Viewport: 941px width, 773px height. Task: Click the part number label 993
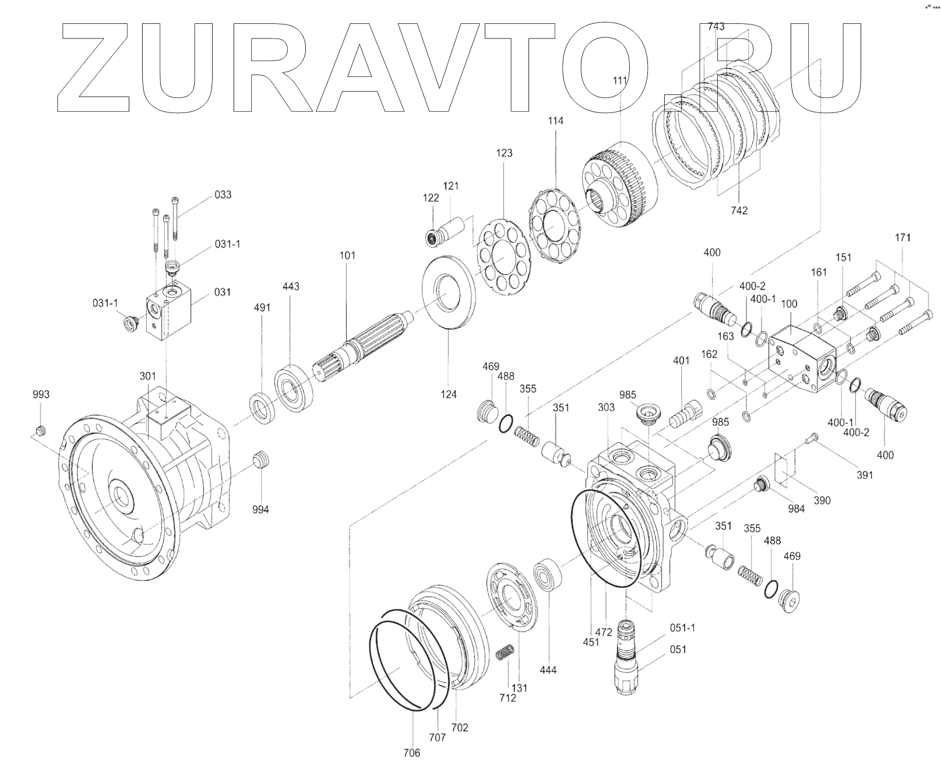tap(41, 394)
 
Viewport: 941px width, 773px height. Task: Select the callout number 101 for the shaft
tap(347, 255)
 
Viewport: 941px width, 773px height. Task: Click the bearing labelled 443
tap(296, 384)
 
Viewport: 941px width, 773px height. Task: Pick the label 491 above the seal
tap(262, 307)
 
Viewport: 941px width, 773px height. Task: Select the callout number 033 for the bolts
tap(223, 195)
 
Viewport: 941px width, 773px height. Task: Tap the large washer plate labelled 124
tap(448, 292)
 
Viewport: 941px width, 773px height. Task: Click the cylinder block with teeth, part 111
tap(621, 186)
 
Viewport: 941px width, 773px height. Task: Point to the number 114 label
tap(555, 121)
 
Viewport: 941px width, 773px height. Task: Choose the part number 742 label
tap(738, 210)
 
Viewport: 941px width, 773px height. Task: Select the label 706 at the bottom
tap(411, 753)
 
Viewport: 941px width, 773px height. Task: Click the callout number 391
tap(865, 475)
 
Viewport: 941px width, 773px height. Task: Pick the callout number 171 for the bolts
tap(903, 238)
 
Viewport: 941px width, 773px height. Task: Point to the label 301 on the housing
tap(147, 376)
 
